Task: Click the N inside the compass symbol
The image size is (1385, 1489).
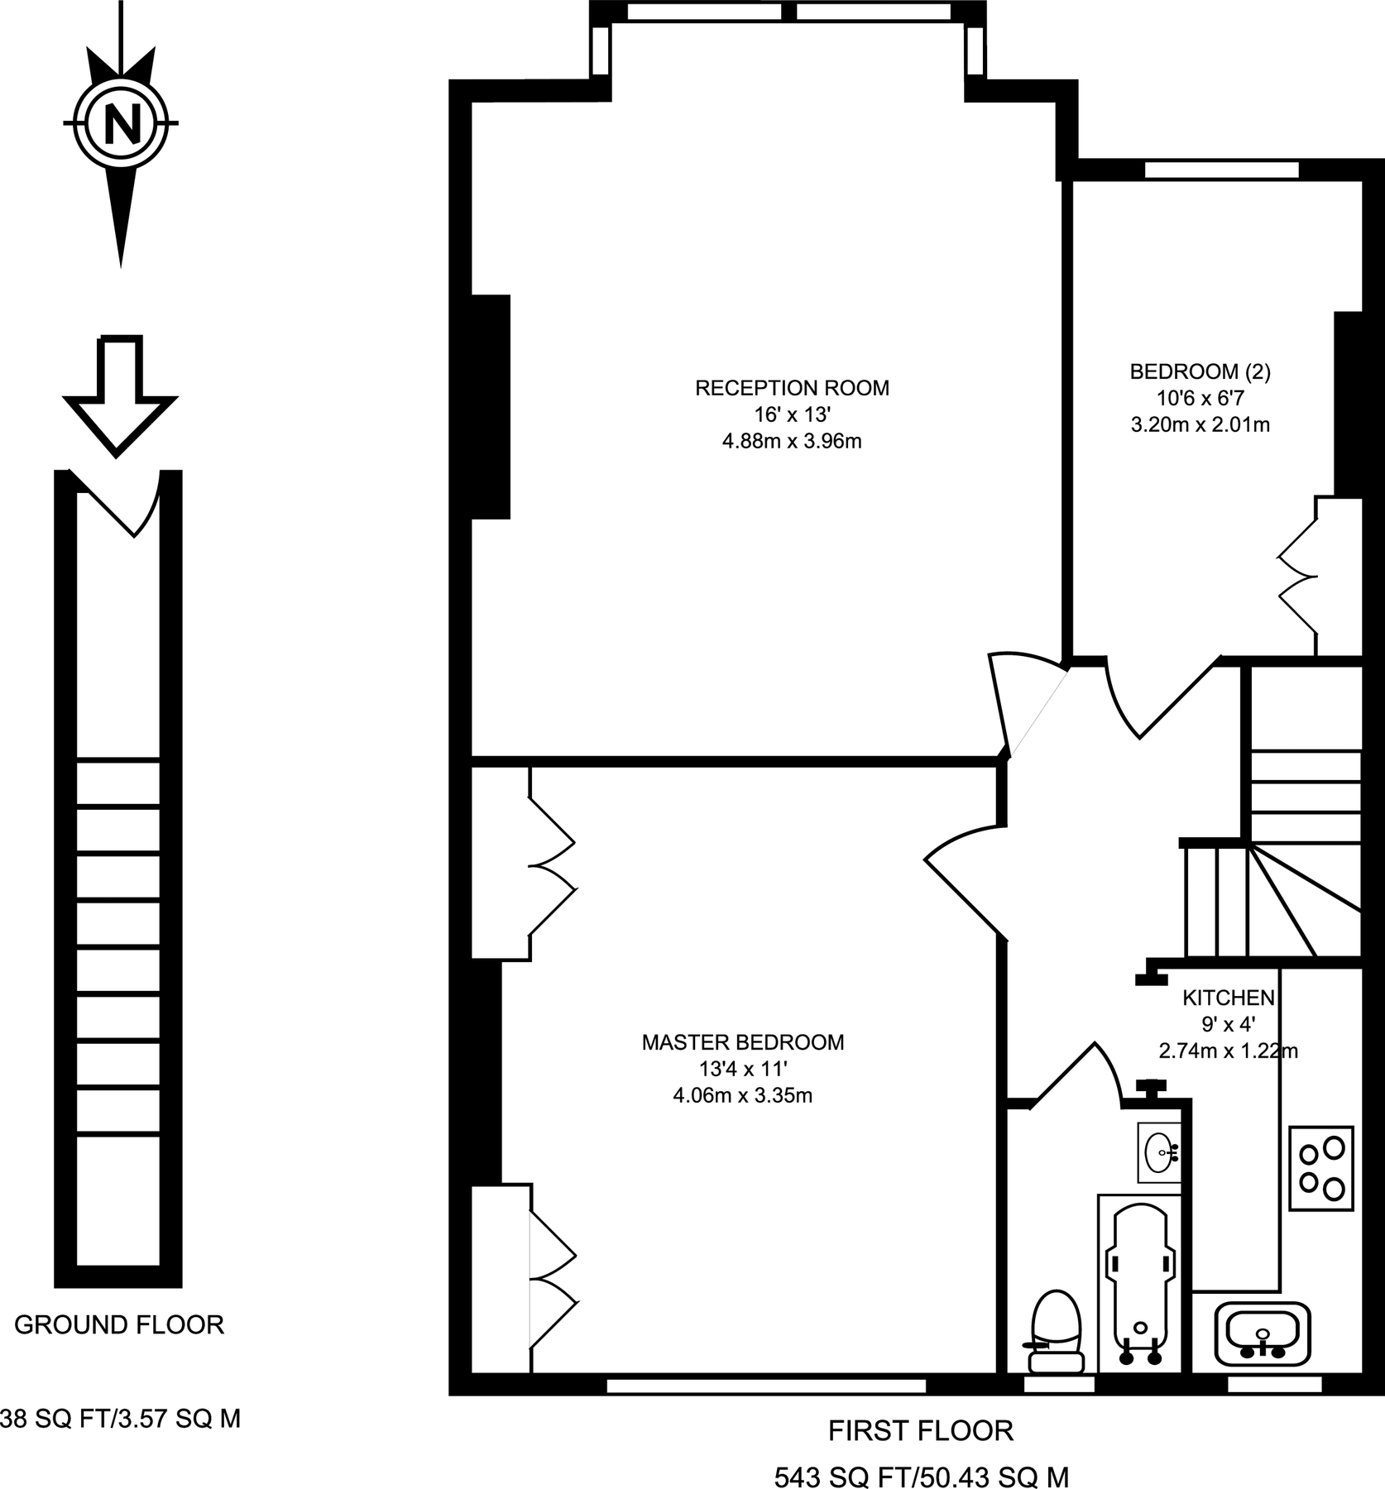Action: pos(121,124)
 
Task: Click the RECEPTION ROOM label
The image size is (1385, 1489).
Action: pos(792,388)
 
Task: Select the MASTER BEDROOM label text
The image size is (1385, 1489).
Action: pos(742,1042)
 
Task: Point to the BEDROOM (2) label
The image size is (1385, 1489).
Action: pos(1200,371)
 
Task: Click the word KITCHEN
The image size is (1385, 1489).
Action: pos(1228,997)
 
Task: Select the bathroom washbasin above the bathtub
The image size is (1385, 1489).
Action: pos(1159,1151)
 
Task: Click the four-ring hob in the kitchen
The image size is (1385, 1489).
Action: pos(1321,1168)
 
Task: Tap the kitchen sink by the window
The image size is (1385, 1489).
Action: pos(1263,1333)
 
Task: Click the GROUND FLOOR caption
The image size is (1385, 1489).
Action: pos(119,1325)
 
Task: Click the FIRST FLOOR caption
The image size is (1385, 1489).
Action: pos(921,1430)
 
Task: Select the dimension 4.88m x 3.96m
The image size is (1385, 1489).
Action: pos(792,442)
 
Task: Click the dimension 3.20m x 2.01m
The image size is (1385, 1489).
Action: pos(1200,425)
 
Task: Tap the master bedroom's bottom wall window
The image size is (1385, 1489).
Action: pos(765,1386)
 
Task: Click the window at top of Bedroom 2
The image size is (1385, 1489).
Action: pos(1221,170)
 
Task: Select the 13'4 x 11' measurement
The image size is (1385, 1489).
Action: pos(742,1070)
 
